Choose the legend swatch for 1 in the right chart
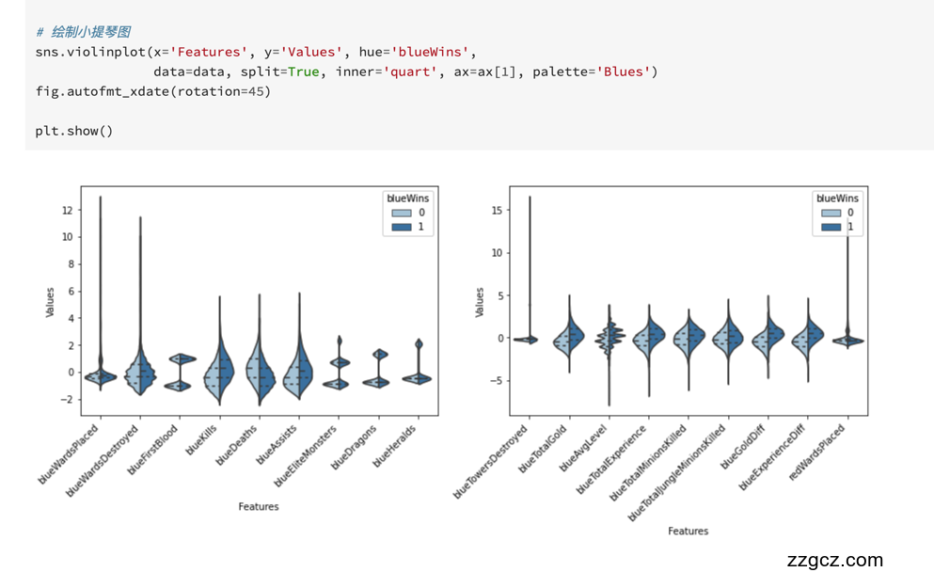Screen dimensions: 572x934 coord(831,227)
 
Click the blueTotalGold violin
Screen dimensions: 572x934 coord(569,338)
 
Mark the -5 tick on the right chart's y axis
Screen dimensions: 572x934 coord(495,381)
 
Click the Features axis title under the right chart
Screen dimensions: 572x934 coord(688,532)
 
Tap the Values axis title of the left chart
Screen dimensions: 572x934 coord(50,301)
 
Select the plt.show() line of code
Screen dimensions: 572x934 coord(74,131)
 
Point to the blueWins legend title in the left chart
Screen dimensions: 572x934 coord(407,199)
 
